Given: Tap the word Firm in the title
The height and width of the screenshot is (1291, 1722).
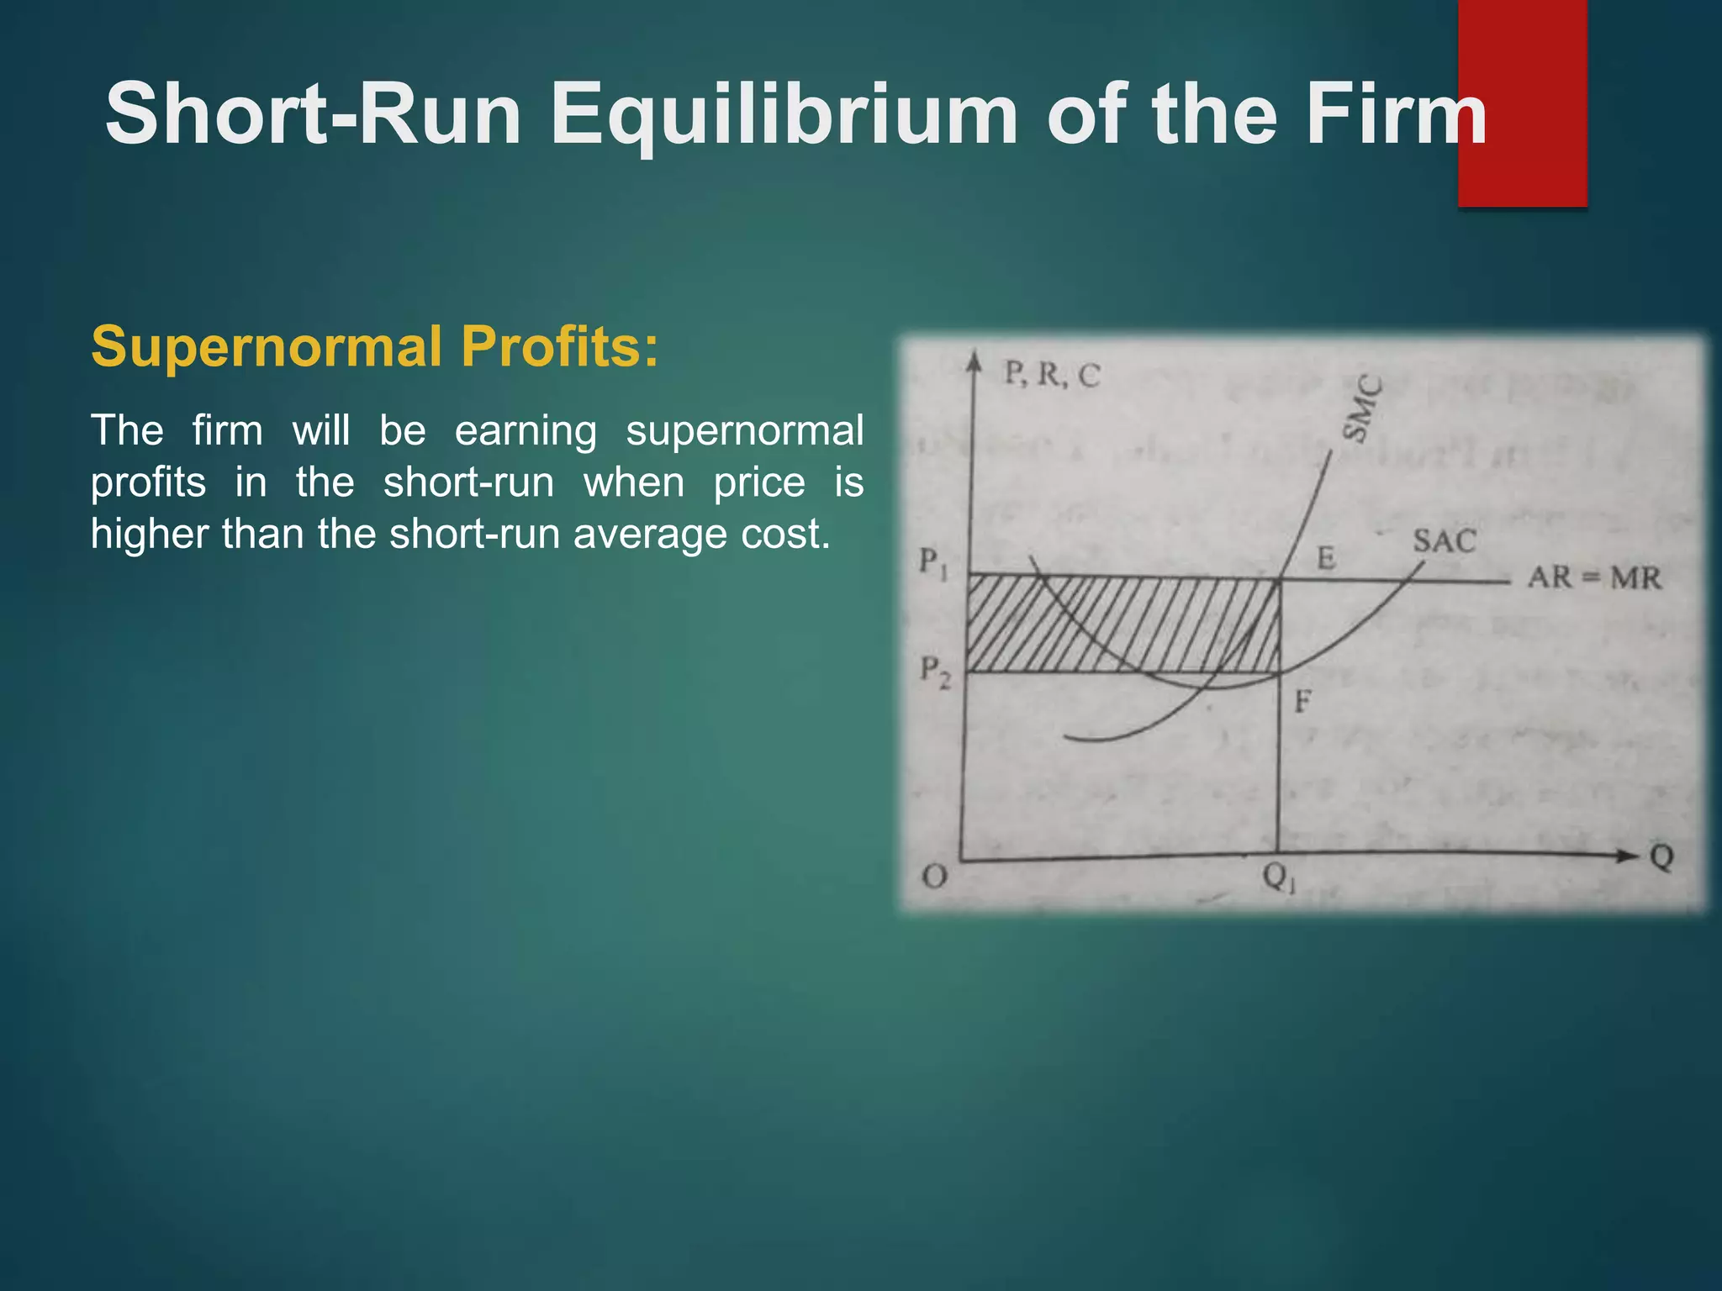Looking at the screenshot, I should coord(1396,114).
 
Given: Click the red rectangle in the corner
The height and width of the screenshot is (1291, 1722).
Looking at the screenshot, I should coord(1522,103).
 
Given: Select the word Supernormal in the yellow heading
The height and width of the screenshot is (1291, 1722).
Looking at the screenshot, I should coord(267,346).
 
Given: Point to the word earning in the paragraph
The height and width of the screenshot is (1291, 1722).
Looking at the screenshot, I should coord(526,431).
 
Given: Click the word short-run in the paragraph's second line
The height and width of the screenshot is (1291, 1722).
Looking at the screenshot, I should coord(468,482).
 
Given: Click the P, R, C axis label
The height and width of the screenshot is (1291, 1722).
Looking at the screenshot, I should coord(1052,374).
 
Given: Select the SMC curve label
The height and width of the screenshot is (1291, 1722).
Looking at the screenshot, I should coord(1360,408).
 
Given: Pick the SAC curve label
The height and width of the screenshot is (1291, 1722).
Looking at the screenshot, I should coord(1444,540).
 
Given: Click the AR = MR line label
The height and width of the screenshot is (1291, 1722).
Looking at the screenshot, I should coord(1594,578).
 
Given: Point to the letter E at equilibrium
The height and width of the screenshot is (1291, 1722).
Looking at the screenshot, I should coord(1326,557).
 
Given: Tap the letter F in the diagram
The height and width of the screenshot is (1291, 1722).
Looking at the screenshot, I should coord(1302,701).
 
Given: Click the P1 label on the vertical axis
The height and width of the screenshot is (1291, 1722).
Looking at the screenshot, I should coord(932,562).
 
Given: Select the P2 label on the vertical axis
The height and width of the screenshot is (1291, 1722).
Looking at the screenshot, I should coord(934,672).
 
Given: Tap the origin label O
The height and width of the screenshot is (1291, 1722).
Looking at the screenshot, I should coord(934,877).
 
